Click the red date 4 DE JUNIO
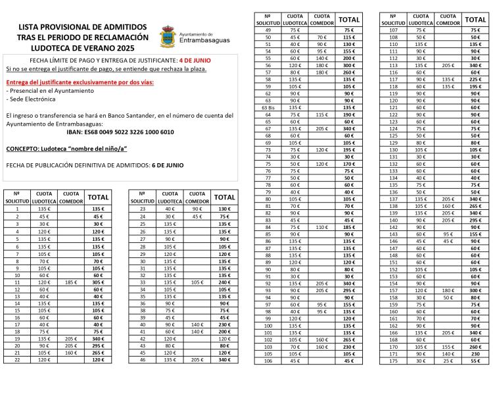(195, 61)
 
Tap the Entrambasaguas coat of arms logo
(168, 37)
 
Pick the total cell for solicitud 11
(98, 282)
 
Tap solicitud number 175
(393, 361)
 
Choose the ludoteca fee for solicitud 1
(44, 209)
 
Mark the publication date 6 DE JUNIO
(168, 165)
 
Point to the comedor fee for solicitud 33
(197, 282)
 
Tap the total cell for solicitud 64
(348, 115)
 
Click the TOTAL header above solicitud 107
(475, 20)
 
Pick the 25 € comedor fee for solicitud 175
(448, 361)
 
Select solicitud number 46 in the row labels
(143, 360)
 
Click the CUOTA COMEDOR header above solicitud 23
(197, 197)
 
